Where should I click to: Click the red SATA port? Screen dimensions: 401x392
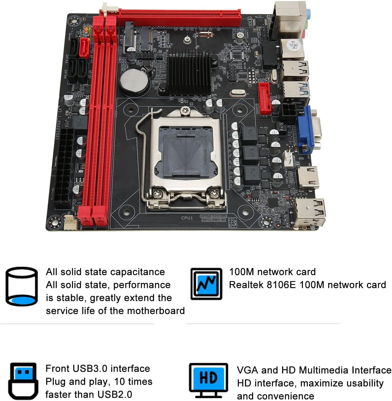(84, 48)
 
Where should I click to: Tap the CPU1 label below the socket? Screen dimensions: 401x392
(187, 218)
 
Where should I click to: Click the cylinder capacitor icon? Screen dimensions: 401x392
(21, 286)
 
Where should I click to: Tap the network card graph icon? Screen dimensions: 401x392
(206, 284)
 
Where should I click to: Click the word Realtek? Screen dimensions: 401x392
(246, 285)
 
